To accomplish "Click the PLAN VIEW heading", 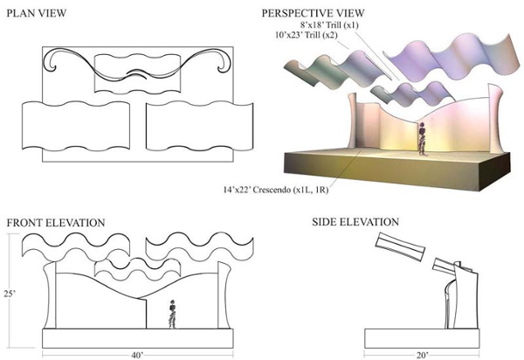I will point(41,14).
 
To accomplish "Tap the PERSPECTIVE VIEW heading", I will point(314,14).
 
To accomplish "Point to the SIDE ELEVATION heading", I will point(355,223).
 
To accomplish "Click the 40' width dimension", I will point(136,354).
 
